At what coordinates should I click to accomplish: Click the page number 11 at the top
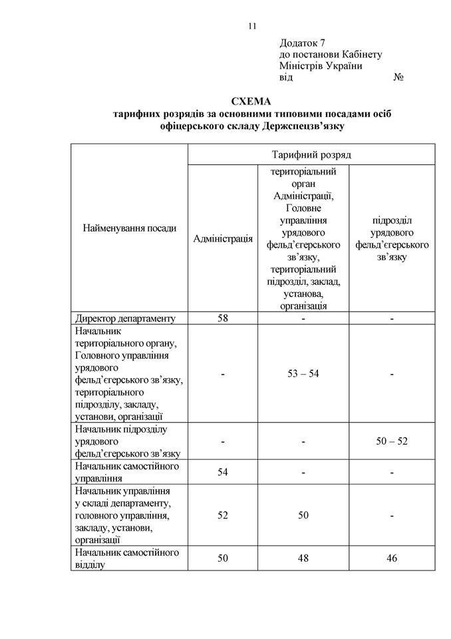(252, 27)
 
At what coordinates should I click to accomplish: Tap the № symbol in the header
(400, 77)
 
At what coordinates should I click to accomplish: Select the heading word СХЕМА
(251, 102)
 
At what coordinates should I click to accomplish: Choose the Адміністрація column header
(223, 238)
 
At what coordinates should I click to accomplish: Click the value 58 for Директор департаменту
(223, 318)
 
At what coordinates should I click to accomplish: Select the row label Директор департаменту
(125, 318)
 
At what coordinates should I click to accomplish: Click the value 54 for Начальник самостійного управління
(223, 472)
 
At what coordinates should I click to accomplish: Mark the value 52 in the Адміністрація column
(223, 515)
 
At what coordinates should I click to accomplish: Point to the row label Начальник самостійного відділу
(127, 558)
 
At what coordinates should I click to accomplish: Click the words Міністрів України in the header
(323, 66)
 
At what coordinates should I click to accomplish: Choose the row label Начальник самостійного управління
(127, 472)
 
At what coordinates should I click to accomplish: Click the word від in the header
(286, 77)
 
